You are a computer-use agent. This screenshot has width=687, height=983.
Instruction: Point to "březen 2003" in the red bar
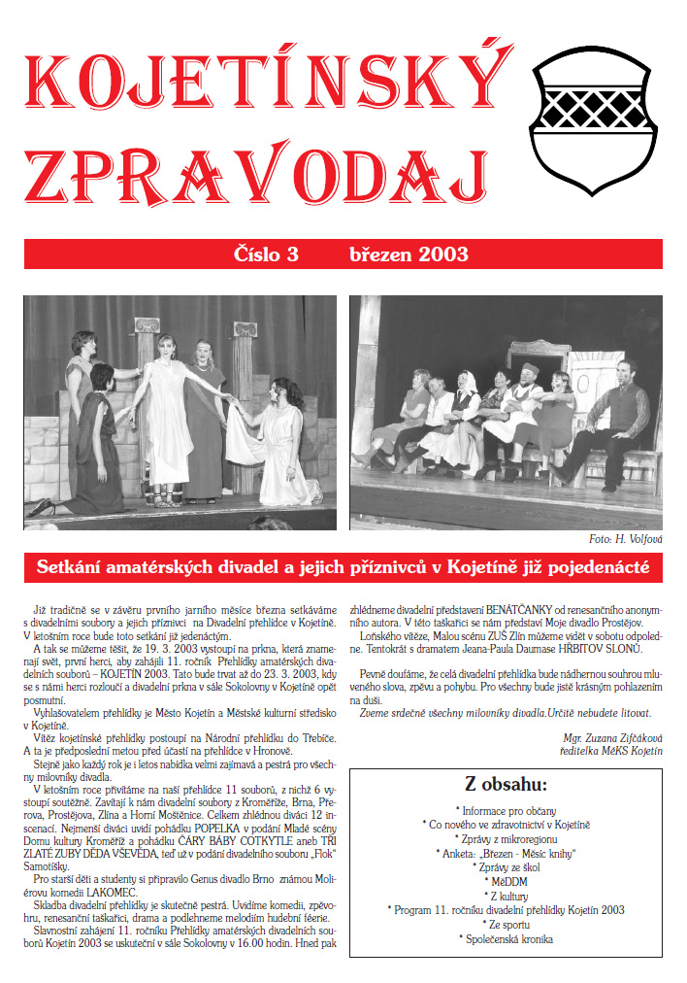[409, 254]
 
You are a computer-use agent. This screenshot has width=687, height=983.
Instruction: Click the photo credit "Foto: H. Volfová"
[625, 538]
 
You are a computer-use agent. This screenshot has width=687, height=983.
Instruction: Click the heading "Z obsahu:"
[506, 785]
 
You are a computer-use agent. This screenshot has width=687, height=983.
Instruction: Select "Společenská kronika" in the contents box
[507, 939]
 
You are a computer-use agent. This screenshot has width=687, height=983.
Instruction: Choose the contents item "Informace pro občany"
[507, 809]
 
